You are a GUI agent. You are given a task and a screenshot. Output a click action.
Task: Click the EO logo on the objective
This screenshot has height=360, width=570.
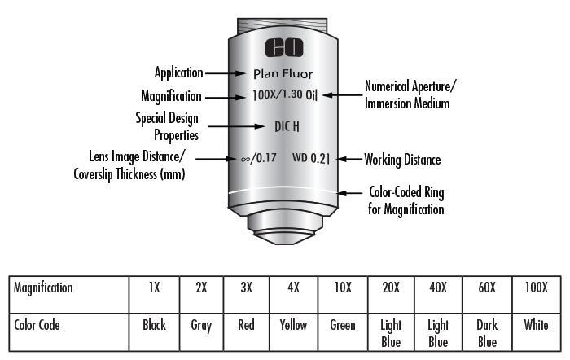click(282, 47)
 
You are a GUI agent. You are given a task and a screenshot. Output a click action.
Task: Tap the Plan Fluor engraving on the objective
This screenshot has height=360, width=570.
click(283, 73)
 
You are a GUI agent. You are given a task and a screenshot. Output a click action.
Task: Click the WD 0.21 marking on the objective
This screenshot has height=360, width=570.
click(311, 159)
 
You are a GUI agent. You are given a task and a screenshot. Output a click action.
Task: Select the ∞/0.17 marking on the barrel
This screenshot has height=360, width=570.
click(259, 159)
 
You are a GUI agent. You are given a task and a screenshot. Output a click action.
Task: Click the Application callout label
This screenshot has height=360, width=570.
click(178, 73)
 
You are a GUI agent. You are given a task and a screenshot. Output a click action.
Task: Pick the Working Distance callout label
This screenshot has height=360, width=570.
click(402, 160)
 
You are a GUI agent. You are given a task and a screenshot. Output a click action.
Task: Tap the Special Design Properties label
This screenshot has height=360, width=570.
click(166, 126)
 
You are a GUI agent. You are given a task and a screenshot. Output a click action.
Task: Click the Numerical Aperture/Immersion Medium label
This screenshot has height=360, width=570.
click(410, 94)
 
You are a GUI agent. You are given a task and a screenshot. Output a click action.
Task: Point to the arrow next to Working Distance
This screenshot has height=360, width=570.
click(349, 160)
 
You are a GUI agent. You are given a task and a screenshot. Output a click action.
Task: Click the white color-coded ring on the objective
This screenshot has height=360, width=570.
click(283, 192)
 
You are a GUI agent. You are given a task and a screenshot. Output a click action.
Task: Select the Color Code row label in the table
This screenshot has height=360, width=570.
click(37, 325)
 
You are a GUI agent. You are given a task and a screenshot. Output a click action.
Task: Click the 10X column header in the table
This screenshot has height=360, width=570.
click(343, 288)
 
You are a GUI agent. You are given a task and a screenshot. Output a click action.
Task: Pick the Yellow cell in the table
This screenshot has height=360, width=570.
click(293, 325)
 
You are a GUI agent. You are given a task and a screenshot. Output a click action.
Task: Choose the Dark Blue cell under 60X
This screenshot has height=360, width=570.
click(487, 332)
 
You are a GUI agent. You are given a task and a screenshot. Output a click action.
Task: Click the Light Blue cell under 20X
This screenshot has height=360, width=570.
click(391, 332)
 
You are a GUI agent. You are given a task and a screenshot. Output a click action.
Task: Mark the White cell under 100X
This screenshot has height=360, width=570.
click(536, 325)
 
